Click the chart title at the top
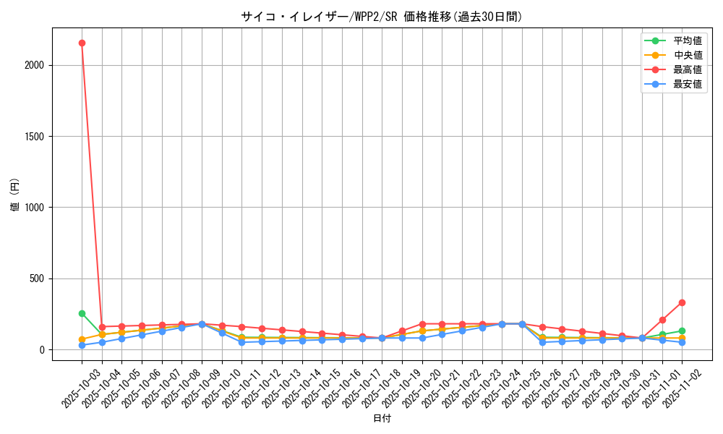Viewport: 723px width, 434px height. [x=381, y=17]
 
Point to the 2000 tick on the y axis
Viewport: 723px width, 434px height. [x=34, y=65]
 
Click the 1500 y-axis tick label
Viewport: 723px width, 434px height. [x=34, y=137]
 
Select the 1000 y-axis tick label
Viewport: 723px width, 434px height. [x=34, y=208]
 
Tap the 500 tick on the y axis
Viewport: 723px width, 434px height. [x=37, y=278]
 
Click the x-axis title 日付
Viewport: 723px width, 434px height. [x=381, y=419]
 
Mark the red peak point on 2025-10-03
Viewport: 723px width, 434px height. [x=82, y=43]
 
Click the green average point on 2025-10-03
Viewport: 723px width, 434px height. [x=82, y=313]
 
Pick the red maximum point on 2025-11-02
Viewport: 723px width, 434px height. [x=682, y=302]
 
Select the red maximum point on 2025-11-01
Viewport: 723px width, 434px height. [x=662, y=320]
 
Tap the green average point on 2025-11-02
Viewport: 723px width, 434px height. [x=682, y=331]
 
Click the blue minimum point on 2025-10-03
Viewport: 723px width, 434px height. [x=82, y=345]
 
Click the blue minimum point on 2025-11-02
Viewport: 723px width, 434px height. [x=682, y=342]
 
